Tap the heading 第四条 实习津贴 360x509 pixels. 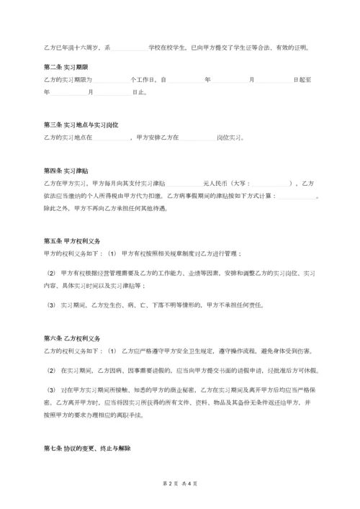coord(66,171)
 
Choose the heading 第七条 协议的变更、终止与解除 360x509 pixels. coord(87,448)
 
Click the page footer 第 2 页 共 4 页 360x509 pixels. coord(180,483)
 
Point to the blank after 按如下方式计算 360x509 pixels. coord(297,196)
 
